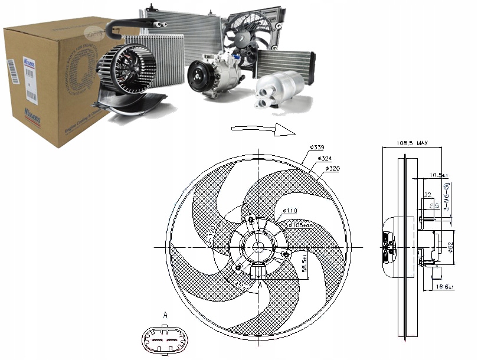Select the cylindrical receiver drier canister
coord(279,90)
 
